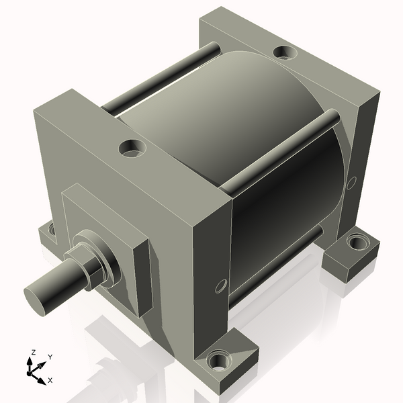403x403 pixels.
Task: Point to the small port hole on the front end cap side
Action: (x=218, y=287)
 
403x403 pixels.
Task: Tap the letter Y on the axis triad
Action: (x=50, y=357)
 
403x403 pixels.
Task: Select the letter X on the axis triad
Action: (x=50, y=380)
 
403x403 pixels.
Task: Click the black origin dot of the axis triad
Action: (x=31, y=370)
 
